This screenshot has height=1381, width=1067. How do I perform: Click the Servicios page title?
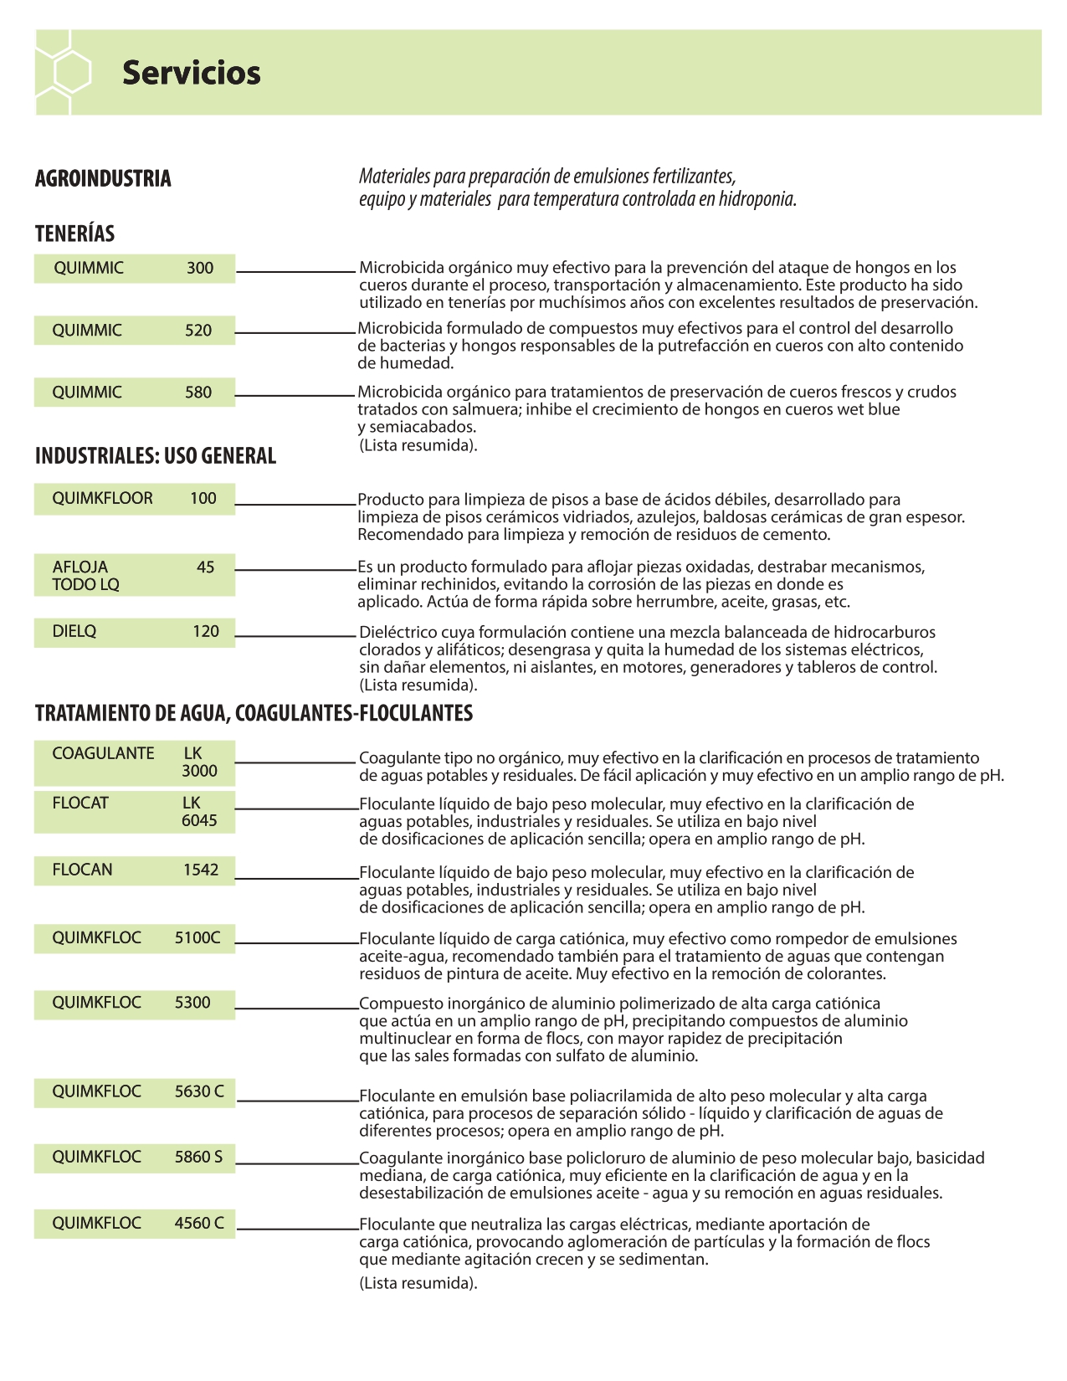(x=191, y=73)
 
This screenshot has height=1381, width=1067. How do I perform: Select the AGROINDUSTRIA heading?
(x=103, y=178)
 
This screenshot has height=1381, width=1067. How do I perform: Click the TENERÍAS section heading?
(x=74, y=234)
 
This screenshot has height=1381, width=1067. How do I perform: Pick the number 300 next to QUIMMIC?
(x=200, y=268)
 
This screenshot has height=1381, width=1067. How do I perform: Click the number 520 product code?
(x=198, y=330)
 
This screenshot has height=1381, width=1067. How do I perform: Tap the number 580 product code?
(x=198, y=392)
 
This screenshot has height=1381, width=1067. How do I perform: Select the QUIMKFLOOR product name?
(x=102, y=498)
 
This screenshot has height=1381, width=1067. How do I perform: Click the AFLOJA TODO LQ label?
(x=85, y=575)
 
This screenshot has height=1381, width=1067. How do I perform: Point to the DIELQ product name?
(x=74, y=631)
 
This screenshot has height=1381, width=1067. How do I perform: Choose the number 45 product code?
(x=205, y=567)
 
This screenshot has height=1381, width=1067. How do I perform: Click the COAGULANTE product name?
(x=103, y=753)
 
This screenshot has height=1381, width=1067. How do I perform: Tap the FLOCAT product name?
(x=80, y=803)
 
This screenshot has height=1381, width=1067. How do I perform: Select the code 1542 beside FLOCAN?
(x=201, y=870)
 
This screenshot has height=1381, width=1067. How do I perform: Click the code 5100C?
(x=197, y=937)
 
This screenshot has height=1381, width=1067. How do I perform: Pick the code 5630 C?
(x=199, y=1091)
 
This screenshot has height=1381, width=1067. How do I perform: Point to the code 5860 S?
(x=198, y=1157)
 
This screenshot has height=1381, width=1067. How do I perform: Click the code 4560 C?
(x=199, y=1223)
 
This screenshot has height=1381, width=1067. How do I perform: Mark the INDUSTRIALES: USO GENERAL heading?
(x=156, y=456)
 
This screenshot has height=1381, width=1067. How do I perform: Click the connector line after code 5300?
(x=297, y=1008)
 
